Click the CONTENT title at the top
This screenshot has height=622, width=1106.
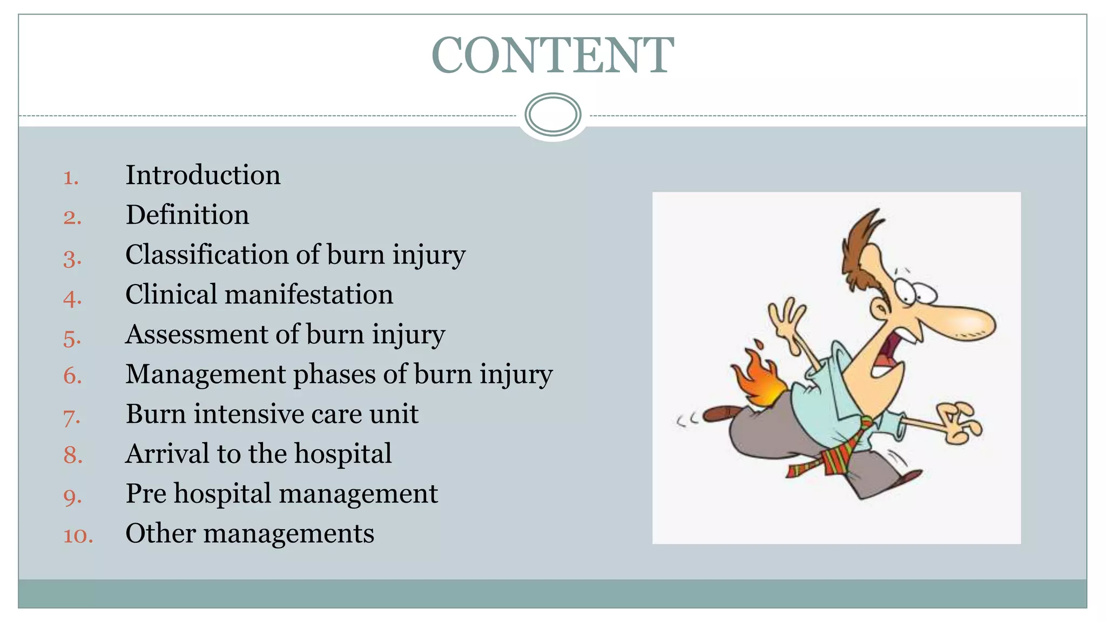552,55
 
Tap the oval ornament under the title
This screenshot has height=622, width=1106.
552,114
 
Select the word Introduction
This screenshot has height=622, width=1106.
203,175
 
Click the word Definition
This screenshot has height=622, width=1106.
187,215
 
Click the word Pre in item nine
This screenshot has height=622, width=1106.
146,493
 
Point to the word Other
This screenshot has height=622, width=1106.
160,533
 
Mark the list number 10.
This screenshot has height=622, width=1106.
78,536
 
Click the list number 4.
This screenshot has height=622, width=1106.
72,298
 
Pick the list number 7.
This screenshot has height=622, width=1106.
72,417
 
